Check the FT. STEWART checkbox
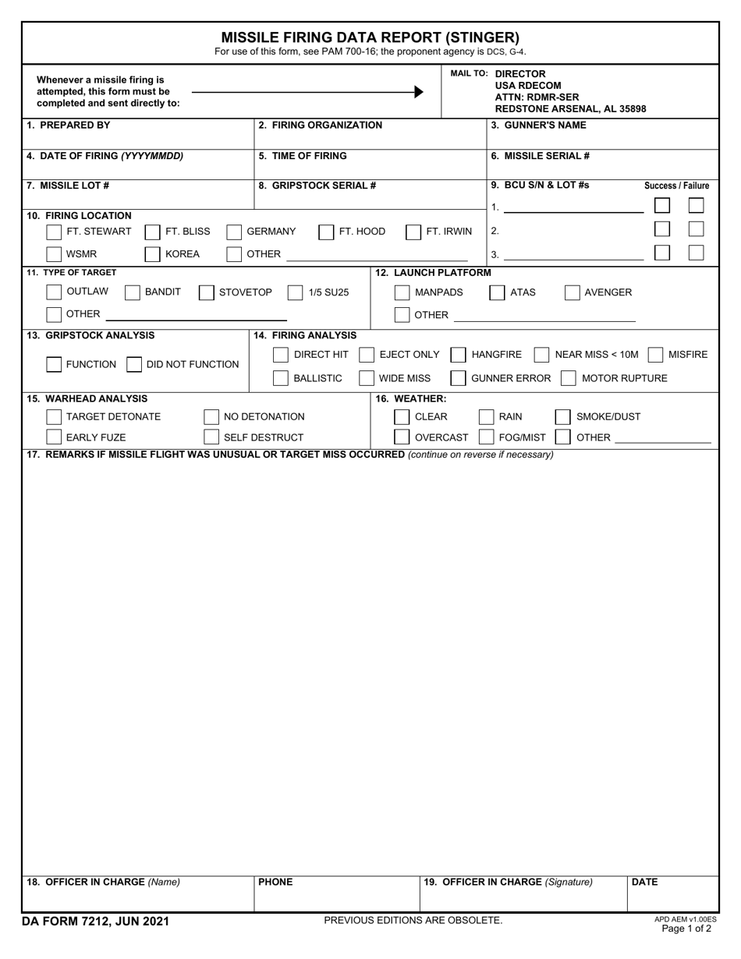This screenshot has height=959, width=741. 54,232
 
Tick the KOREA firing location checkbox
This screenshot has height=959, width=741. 153,254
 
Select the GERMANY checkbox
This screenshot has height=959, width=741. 234,232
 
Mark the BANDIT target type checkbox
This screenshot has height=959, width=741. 133,292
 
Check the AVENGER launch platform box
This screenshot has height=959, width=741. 572,292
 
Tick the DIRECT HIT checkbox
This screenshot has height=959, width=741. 281,355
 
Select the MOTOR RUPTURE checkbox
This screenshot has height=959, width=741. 569,378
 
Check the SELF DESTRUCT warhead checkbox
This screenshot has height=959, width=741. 211,437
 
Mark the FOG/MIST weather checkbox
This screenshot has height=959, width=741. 486,437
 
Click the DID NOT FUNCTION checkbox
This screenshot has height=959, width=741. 134,364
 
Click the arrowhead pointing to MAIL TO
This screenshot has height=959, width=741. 419,92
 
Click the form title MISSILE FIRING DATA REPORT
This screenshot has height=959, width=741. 370,37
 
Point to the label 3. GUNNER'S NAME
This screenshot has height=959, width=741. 538,126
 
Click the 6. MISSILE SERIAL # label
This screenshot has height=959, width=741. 540,156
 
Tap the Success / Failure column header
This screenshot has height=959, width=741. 676,186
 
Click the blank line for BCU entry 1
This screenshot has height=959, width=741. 573,209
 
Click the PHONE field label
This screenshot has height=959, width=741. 275,883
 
